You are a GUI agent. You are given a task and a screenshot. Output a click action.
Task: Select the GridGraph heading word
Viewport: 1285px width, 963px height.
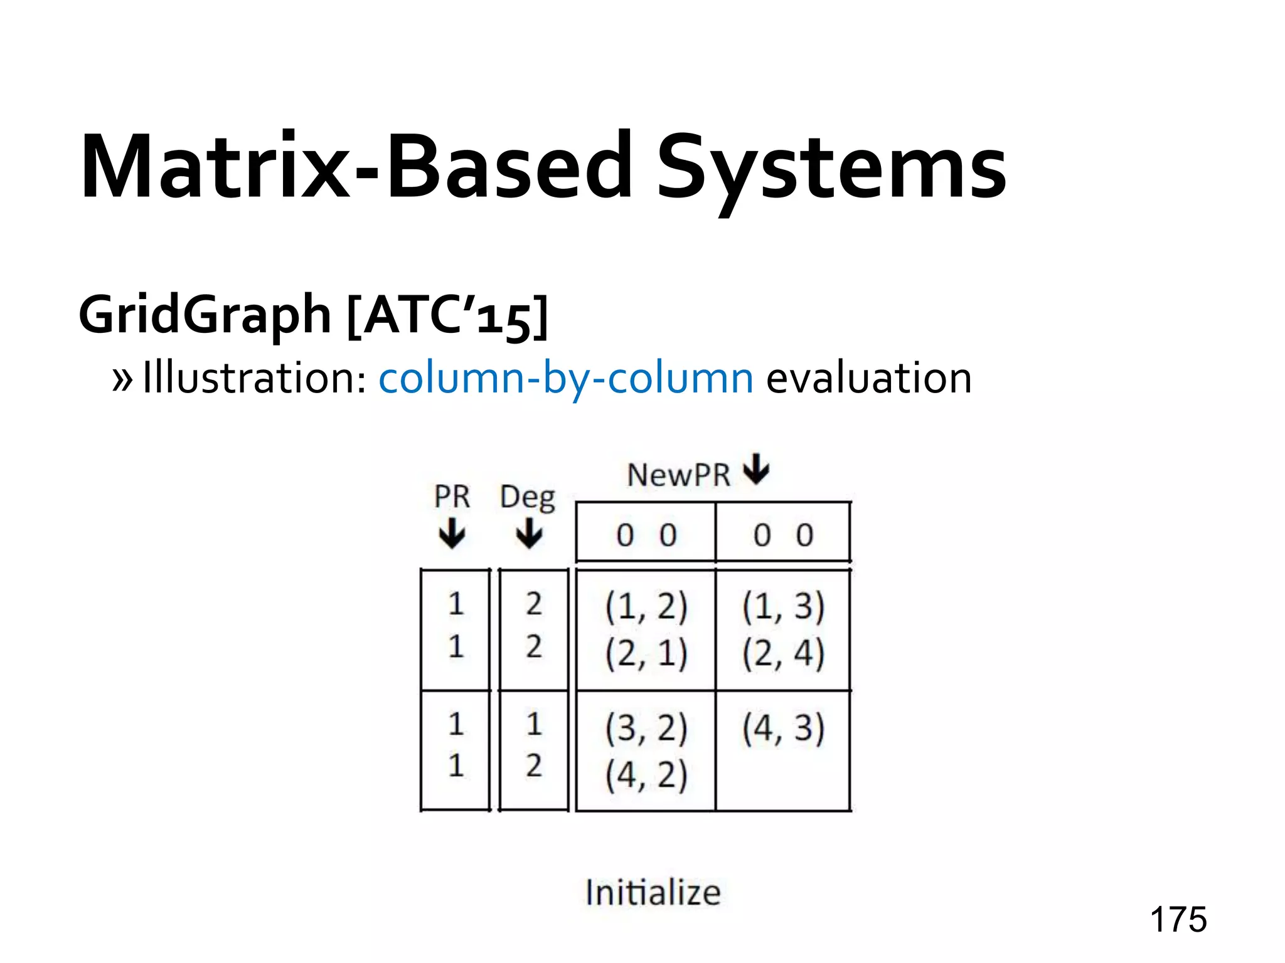pos(205,314)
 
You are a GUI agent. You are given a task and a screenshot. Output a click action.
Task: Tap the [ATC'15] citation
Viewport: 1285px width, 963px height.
pos(447,315)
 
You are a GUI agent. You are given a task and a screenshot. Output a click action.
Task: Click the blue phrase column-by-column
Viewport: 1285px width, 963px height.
pos(566,378)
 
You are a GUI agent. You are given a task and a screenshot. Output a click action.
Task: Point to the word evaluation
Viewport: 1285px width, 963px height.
pos(869,378)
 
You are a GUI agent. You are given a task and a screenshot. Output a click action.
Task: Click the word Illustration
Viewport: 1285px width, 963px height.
pos(255,378)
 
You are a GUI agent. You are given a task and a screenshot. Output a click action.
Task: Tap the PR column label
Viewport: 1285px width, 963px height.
pos(452,497)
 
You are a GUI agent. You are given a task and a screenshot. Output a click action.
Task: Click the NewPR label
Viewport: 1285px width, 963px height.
pos(679,475)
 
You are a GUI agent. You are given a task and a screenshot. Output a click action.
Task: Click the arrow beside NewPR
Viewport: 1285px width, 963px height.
pos(757,469)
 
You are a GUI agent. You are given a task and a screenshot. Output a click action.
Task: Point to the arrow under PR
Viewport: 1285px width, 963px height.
pos(452,534)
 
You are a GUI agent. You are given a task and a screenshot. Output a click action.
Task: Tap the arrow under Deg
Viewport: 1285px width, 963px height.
pos(530,534)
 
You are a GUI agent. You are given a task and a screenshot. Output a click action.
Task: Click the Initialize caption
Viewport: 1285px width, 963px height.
pos(653,892)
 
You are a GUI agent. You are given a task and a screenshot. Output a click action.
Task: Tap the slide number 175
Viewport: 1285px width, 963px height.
pos(1178,920)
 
